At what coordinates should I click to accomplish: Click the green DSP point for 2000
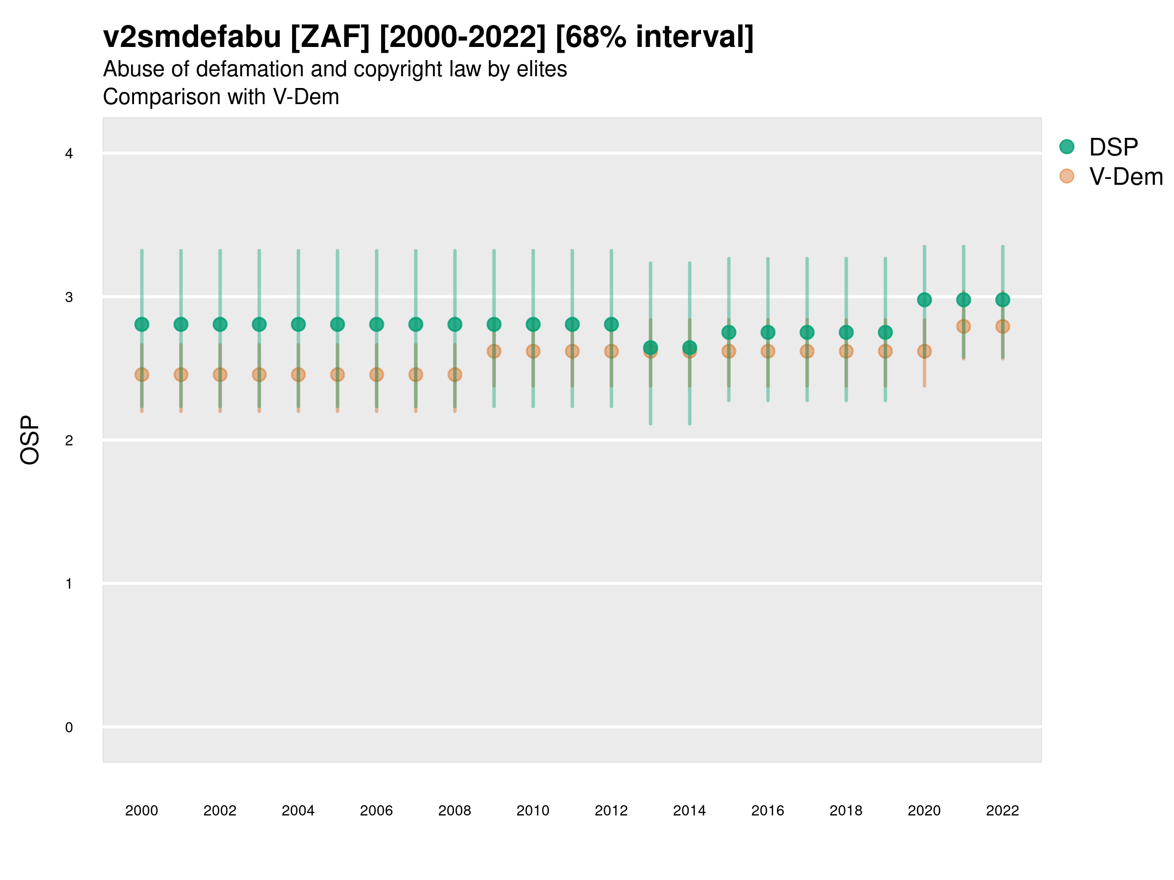pos(142,324)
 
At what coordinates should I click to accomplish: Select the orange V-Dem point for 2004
pos(298,374)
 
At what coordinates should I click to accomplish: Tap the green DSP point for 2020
pos(924,300)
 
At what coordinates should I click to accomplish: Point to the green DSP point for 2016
pos(768,332)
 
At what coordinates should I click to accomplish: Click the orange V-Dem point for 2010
pos(533,351)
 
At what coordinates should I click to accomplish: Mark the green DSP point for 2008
pos(455,324)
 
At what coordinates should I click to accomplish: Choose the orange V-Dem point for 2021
pos(963,326)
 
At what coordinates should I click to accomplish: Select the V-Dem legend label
pos(1126,176)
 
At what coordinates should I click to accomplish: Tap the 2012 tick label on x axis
pos(611,811)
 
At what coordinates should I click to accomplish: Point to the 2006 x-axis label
pos(376,811)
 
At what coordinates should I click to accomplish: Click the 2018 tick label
pos(845,811)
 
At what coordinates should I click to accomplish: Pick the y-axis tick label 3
pos(69,297)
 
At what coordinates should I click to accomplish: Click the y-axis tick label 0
pos(69,727)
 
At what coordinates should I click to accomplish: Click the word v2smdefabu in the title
pos(192,37)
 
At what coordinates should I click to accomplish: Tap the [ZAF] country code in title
pos(330,37)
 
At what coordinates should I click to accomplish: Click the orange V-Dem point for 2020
pos(924,351)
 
